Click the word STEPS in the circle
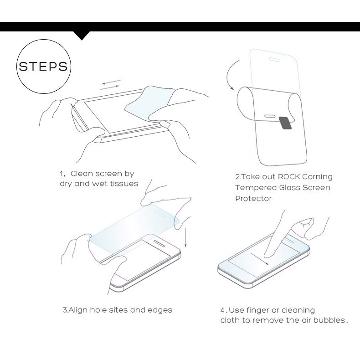[43, 67]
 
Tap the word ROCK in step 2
[289, 177]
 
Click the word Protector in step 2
[253, 199]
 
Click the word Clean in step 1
[83, 174]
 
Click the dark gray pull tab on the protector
[285, 122]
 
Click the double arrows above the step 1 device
[111, 84]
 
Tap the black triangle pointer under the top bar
[82, 36]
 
